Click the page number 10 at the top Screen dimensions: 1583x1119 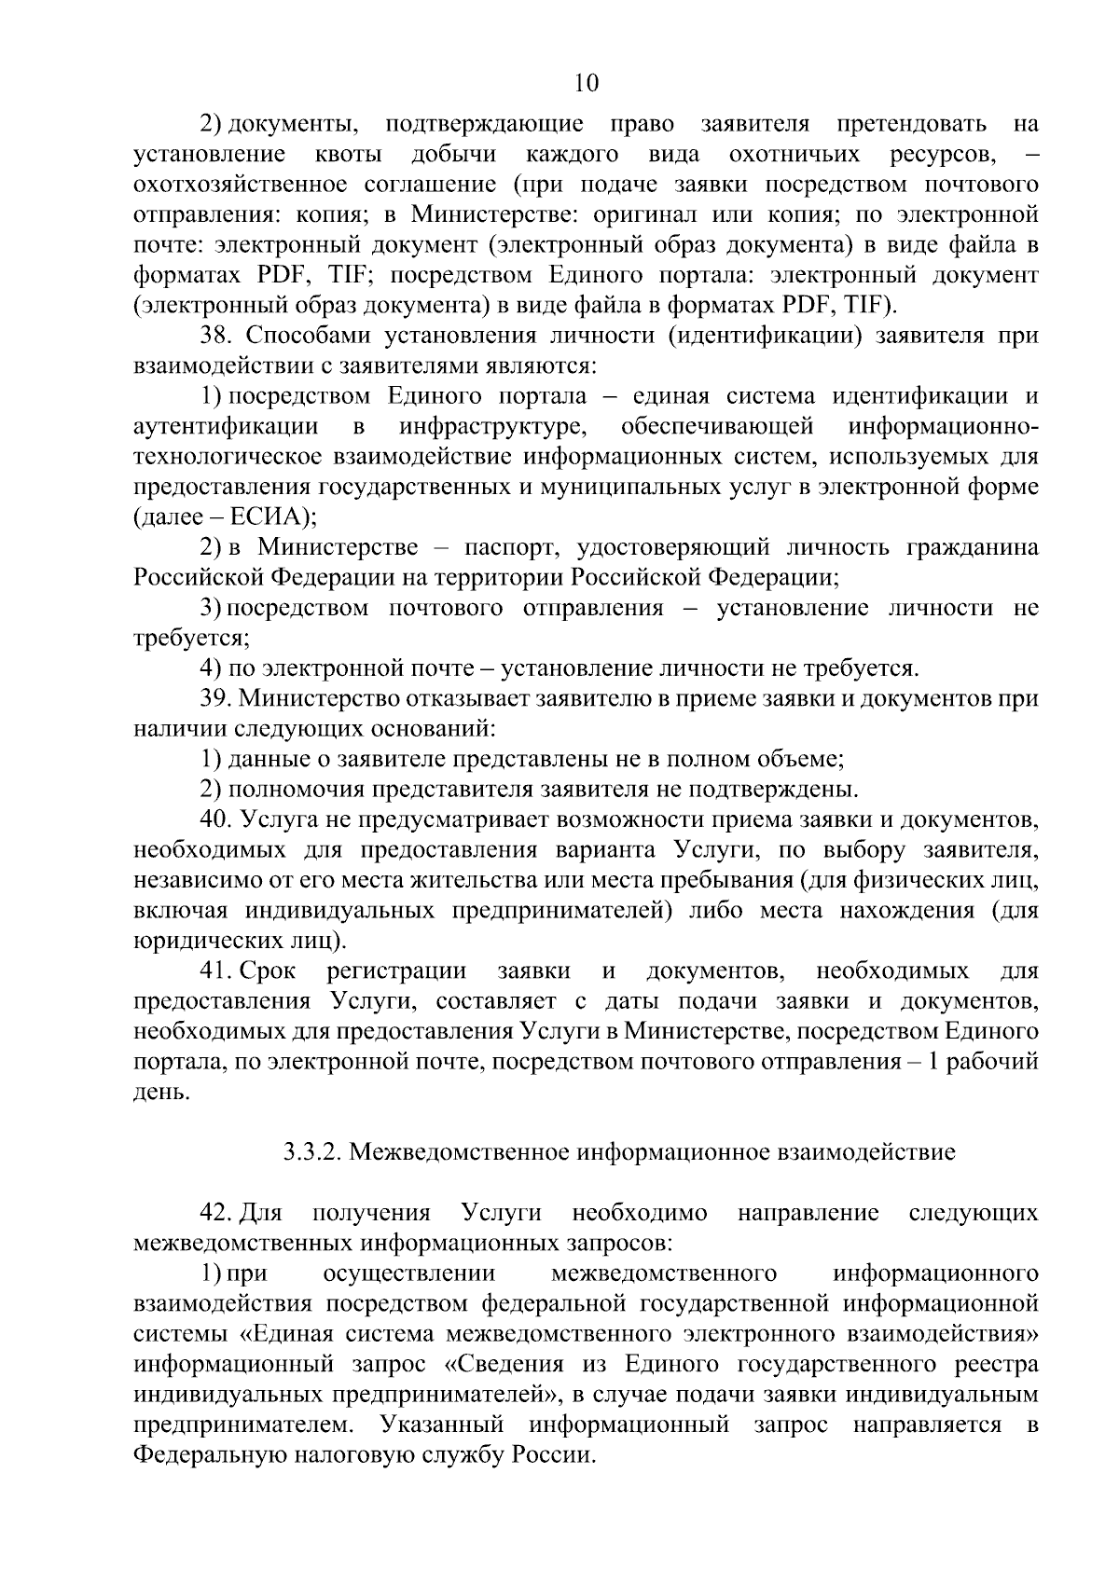587,83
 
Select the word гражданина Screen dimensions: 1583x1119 972,547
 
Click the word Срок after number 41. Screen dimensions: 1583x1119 269,971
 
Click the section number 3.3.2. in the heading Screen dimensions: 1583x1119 312,1153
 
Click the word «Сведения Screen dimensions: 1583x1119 504,1365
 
